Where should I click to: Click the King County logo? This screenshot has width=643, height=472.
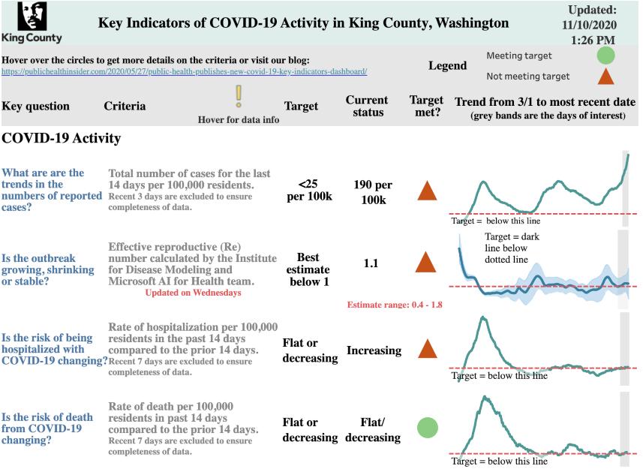[32, 22]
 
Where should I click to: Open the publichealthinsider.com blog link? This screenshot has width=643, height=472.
[185, 72]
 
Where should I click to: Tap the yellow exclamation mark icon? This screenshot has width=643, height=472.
[239, 98]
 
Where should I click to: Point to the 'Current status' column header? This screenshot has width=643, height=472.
[367, 106]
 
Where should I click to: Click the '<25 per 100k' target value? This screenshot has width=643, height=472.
[310, 191]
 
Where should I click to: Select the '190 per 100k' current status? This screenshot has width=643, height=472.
[372, 192]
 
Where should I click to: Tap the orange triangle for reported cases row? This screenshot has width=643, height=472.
[426, 191]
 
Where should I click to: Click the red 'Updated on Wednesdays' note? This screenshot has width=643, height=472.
[194, 293]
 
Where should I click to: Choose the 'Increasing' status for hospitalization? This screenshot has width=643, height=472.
[374, 350]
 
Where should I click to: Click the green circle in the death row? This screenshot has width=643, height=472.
[427, 428]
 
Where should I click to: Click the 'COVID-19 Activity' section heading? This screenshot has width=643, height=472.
[62, 139]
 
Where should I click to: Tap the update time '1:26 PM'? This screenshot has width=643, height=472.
[593, 40]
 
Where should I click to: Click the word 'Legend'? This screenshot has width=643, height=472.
[447, 66]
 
